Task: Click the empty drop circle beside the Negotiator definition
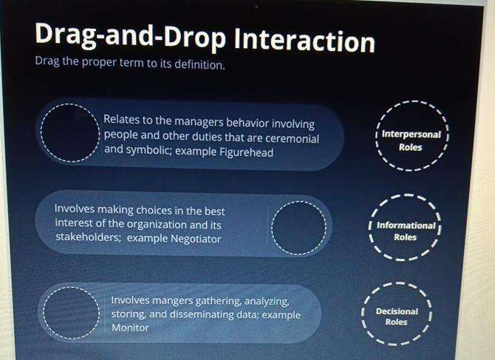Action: click(x=298, y=228)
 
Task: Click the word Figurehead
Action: click(x=247, y=152)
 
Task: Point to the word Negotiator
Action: click(x=191, y=238)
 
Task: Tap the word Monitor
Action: click(x=130, y=327)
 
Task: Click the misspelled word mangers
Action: click(x=172, y=301)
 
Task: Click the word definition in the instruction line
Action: click(x=198, y=64)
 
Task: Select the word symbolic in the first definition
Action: click(x=150, y=152)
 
